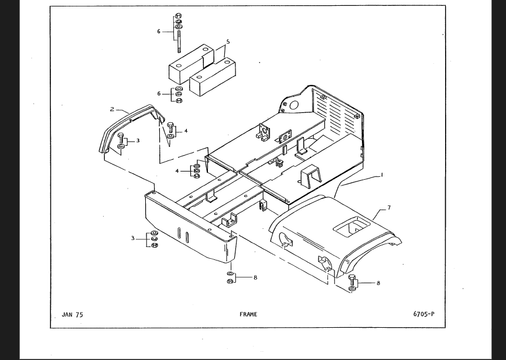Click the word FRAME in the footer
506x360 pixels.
point(248,314)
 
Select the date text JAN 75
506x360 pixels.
point(72,315)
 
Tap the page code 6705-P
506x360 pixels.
point(423,314)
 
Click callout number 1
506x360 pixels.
point(382,175)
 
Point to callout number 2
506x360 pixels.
point(112,109)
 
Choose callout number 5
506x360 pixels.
point(228,42)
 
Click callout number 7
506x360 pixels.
point(389,208)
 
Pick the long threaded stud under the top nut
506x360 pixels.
point(179,41)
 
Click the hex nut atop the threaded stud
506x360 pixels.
point(178,15)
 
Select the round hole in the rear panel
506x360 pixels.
point(294,105)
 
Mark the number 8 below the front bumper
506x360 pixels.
point(255,277)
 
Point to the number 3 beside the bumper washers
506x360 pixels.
point(132,238)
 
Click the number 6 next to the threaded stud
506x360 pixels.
point(159,32)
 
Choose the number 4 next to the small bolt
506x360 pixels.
point(186,131)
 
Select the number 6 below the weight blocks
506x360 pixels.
point(159,94)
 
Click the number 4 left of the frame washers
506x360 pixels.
point(177,171)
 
